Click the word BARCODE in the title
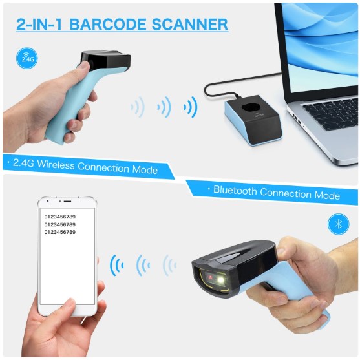click(108, 25)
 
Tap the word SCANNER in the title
click(189, 25)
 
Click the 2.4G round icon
click(27, 58)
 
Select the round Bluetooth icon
click(339, 224)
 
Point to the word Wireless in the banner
click(56, 164)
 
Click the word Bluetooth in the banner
click(235, 190)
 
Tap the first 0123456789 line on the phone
click(60, 217)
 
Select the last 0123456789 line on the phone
click(60, 232)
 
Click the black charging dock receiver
click(253, 120)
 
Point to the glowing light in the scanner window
click(220, 281)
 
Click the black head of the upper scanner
click(105, 60)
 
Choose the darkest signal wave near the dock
click(191, 107)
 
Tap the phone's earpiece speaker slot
click(67, 201)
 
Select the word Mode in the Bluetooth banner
click(327, 195)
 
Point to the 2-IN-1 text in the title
click(39, 25)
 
